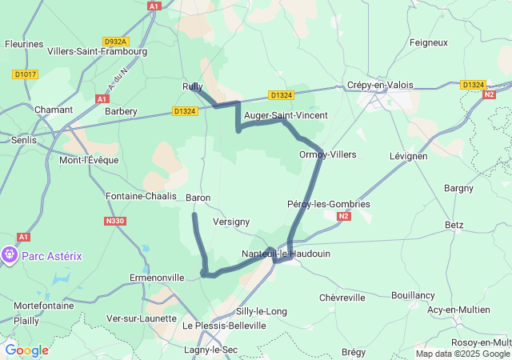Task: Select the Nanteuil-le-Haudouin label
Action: [x=286, y=254]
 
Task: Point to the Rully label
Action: [x=192, y=86]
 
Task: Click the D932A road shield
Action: [x=116, y=41]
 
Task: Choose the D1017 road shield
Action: [x=25, y=74]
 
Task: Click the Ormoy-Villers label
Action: [x=327, y=154]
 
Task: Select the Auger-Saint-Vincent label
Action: [x=286, y=116]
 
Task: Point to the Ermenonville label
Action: [x=156, y=278]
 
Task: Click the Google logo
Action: [x=26, y=350]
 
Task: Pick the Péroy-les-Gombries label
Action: [x=328, y=204]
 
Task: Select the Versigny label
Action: [x=232, y=222]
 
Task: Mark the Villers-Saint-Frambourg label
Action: [x=98, y=51]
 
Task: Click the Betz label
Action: [x=454, y=225]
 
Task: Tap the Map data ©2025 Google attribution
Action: [x=462, y=354]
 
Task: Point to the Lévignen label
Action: [x=408, y=156]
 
